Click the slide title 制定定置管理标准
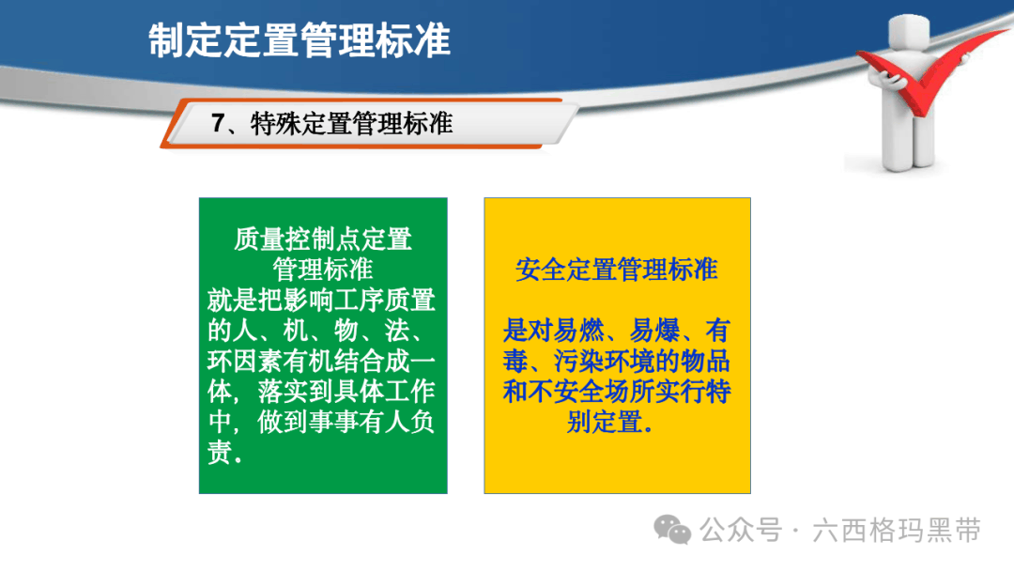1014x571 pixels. [300, 40]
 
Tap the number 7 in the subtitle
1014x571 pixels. [218, 123]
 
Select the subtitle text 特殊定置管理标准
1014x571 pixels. [352, 124]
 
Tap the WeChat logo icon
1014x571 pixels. [672, 530]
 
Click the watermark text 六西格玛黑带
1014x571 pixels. [897, 531]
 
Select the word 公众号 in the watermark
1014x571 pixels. [741, 531]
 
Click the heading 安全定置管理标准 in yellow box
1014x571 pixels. [617, 269]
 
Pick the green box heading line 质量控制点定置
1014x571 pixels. [323, 239]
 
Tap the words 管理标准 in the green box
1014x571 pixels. [323, 269]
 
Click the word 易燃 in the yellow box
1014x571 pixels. [578, 331]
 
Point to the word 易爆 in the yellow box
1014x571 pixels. [655, 331]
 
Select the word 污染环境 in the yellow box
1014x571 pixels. [604, 361]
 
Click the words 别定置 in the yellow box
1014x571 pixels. [604, 422]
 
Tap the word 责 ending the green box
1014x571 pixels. [220, 452]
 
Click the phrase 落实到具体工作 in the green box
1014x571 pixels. [346, 392]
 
